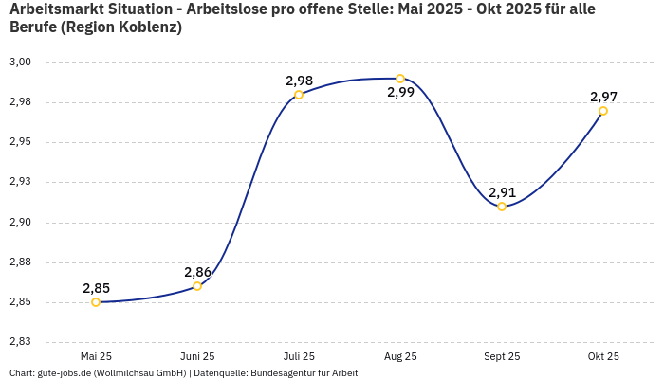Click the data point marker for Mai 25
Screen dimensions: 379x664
click(x=96, y=302)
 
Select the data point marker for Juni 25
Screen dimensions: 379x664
click(x=197, y=286)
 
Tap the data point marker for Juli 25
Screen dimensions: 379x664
click(x=299, y=95)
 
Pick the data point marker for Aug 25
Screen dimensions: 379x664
click(x=400, y=79)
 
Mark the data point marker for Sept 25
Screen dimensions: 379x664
click(x=502, y=207)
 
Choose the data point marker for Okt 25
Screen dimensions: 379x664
click(x=603, y=111)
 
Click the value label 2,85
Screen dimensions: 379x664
click(x=96, y=288)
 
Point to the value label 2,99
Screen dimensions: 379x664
click(x=400, y=93)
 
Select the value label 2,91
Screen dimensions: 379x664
click(x=502, y=192)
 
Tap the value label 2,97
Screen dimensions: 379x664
click(x=603, y=97)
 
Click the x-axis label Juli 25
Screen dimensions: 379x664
click(x=299, y=356)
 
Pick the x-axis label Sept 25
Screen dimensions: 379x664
click(x=502, y=356)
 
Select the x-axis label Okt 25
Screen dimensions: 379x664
click(x=603, y=356)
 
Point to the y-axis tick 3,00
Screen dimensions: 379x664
click(x=21, y=63)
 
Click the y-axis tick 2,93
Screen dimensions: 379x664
click(x=21, y=182)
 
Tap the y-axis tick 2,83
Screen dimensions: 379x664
click(x=21, y=342)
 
